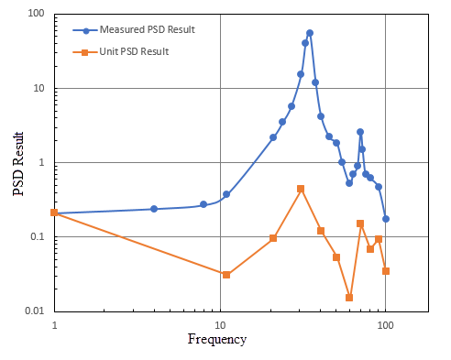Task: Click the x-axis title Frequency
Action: coord(216,340)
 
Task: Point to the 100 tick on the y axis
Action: coord(38,15)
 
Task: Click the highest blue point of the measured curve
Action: coord(310,33)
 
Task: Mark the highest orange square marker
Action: coord(301,189)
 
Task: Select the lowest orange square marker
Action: coord(349,297)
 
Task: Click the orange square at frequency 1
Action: coord(55,213)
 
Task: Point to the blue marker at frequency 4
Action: coord(154,209)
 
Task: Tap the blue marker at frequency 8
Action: coord(203,204)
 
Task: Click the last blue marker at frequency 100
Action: coord(386,219)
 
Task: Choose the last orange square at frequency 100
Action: coord(386,271)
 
